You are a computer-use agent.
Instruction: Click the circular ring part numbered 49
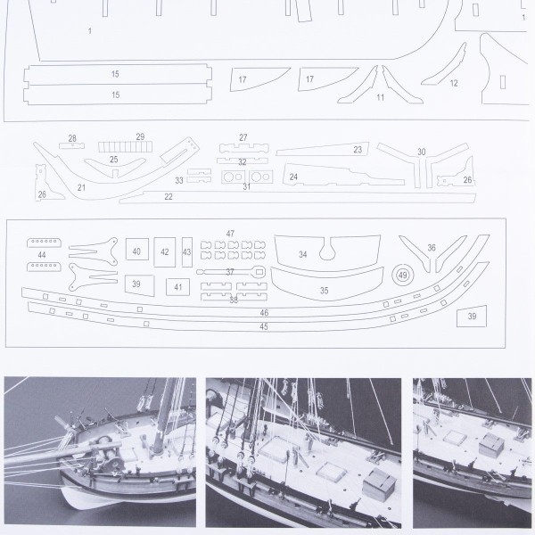click(x=396, y=275)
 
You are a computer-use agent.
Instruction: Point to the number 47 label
click(x=230, y=234)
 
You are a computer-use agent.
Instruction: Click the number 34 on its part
click(x=302, y=254)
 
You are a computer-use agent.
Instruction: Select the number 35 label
click(x=325, y=291)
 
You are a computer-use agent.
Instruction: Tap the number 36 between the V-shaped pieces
click(x=432, y=248)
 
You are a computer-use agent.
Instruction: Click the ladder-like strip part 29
click(x=125, y=147)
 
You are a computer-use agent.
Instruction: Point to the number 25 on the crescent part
click(x=113, y=160)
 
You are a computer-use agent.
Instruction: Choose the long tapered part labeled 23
click(x=323, y=149)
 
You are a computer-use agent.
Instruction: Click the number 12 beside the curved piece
click(x=454, y=83)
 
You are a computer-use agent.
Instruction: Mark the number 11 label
click(x=381, y=97)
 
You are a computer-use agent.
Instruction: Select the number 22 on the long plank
click(x=169, y=196)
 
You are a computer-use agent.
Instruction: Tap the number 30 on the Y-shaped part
click(x=422, y=152)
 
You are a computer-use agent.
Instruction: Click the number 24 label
click(x=293, y=177)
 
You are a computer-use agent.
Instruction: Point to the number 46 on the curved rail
click(x=264, y=313)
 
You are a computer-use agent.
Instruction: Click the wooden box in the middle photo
click(x=379, y=484)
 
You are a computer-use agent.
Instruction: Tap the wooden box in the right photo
click(x=491, y=445)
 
